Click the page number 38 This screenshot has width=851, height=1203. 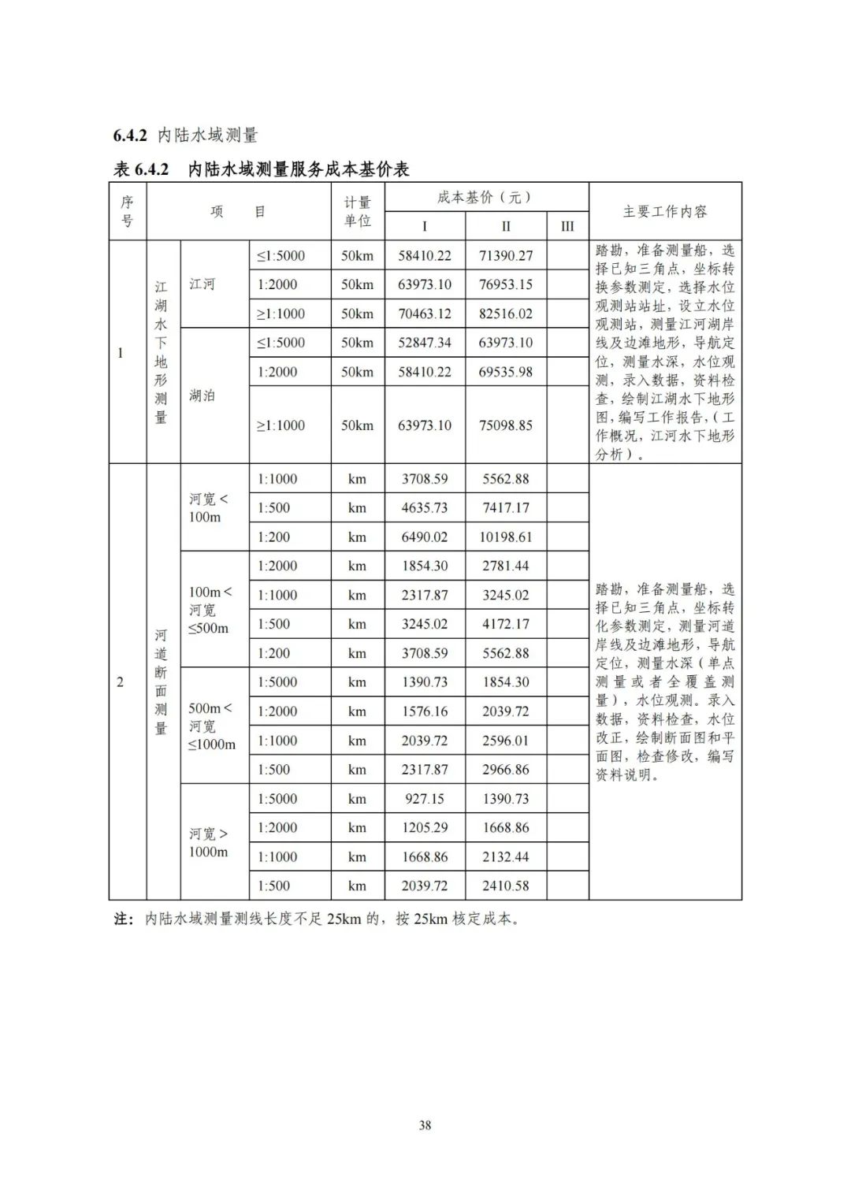coord(425,1125)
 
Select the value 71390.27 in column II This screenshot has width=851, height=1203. coord(505,255)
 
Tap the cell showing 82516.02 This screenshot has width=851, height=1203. coord(505,314)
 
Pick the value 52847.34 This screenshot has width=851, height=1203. coord(425,343)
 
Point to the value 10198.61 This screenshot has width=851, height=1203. coord(505,537)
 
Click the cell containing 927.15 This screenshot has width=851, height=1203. coord(425,799)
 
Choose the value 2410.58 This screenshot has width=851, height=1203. coord(505,886)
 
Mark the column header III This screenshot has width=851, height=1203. coord(567,226)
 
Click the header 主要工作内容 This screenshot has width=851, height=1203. coord(665,211)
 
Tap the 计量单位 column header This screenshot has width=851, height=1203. coord(357,212)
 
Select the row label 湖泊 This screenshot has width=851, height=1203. coord(202,395)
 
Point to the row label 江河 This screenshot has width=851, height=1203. coord(202,284)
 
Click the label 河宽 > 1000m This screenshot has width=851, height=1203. coord(208,842)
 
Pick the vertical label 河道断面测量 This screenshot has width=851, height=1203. coord(161,681)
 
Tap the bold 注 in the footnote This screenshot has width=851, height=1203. coord(122,919)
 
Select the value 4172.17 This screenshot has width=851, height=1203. coord(505,624)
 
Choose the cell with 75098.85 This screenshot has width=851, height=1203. coord(505,425)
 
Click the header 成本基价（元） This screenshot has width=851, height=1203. coord(485,197)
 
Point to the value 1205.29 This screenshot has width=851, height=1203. coord(425,828)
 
